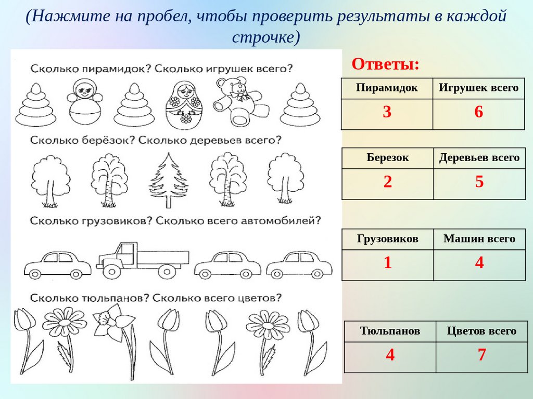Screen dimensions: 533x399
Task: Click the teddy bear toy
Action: point(239,101)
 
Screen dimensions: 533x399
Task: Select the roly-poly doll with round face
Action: point(84,102)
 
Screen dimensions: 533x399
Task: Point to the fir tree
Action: point(168,180)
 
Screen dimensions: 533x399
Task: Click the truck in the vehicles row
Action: point(143,260)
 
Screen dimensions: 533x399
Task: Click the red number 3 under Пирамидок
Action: point(387,112)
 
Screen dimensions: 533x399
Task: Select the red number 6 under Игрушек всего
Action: point(479,112)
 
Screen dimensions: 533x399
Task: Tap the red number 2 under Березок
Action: point(387,182)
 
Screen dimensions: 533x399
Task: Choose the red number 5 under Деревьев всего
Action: point(479,182)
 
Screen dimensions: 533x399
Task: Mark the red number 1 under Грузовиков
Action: point(387,263)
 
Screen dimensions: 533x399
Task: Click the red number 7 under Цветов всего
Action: point(481,355)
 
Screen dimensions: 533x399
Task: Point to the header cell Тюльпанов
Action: point(390,331)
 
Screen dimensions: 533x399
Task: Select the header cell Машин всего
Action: point(479,238)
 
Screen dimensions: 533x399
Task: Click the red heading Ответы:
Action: point(386,64)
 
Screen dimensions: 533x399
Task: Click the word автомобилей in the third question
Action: point(281,221)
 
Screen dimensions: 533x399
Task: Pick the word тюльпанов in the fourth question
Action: point(115,298)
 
